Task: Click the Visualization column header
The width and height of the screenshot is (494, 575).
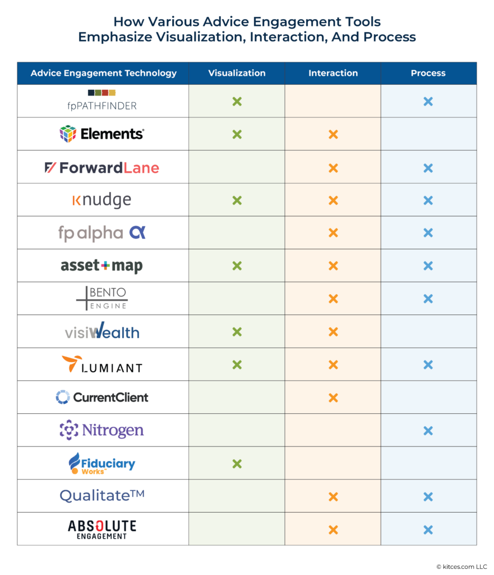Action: [x=237, y=73]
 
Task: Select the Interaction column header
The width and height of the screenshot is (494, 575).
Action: [x=333, y=73]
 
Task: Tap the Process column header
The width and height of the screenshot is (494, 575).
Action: [x=428, y=73]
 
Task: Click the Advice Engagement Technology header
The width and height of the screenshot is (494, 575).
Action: [x=103, y=73]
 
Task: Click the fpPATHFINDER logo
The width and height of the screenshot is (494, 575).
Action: [x=101, y=101]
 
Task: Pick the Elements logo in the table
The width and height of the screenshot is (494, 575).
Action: [x=101, y=134]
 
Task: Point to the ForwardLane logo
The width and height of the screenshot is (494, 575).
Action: [x=101, y=167]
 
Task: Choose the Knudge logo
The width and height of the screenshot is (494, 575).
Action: [x=101, y=200]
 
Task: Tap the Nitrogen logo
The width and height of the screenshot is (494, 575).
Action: [x=101, y=431]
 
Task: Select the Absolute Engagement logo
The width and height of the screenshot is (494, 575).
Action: [x=101, y=529]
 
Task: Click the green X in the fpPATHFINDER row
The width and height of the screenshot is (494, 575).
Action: [x=237, y=102]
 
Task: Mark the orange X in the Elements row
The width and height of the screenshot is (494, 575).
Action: [x=333, y=135]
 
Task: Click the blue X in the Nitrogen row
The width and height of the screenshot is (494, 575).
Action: [x=428, y=431]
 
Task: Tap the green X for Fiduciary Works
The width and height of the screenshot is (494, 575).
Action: [x=237, y=464]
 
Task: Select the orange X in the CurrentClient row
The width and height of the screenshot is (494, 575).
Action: [x=333, y=398]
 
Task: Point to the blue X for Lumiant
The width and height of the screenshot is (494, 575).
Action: [x=428, y=365]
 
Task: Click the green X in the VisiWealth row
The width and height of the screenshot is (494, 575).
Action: [x=237, y=332]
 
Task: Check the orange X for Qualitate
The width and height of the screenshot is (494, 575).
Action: [x=333, y=497]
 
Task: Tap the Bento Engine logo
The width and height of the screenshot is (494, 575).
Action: [x=101, y=299]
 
